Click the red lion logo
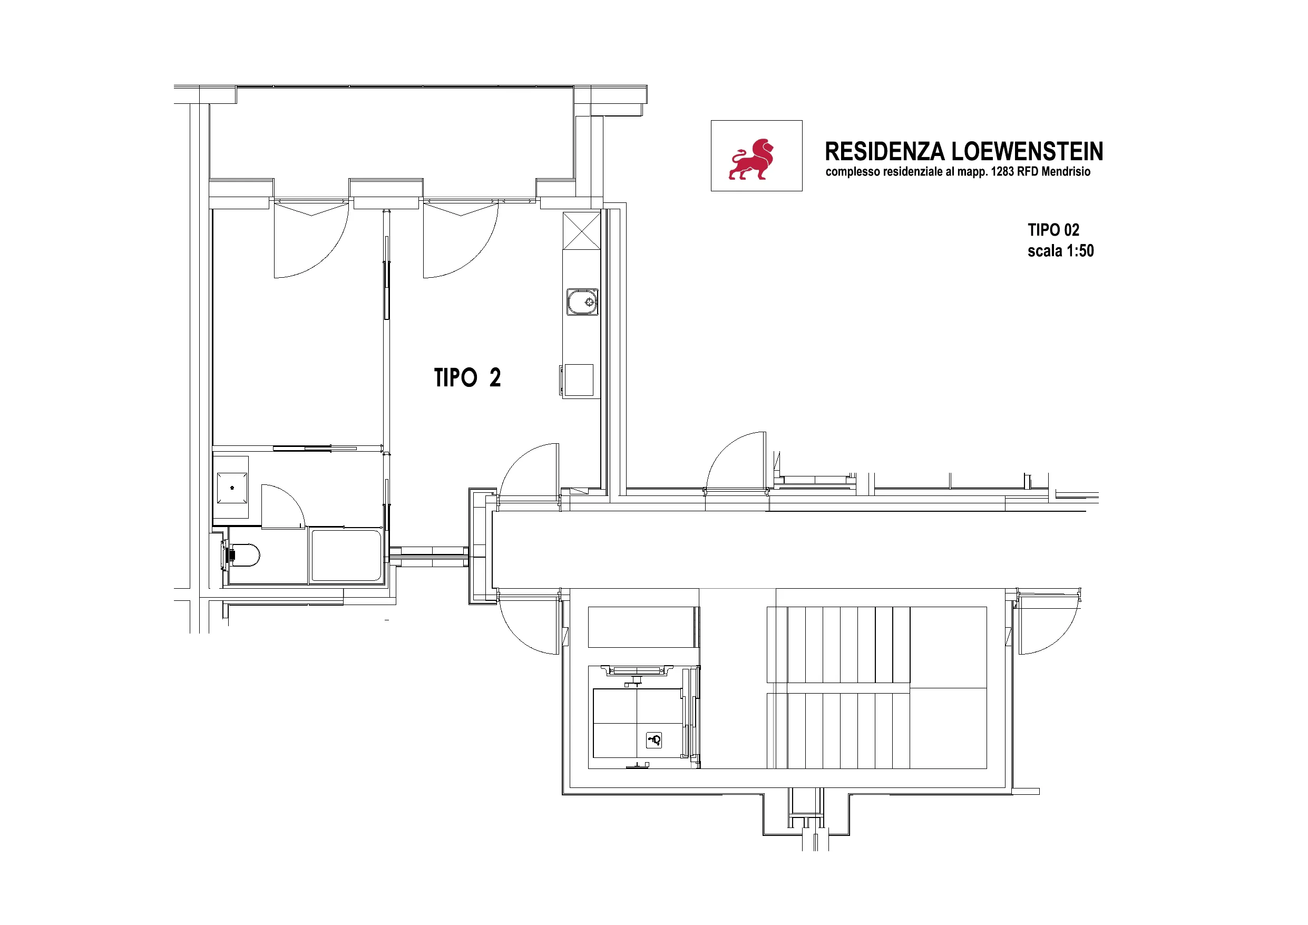click(751, 159)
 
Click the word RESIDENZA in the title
click(885, 152)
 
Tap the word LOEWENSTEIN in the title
click(1027, 152)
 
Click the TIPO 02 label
click(1053, 230)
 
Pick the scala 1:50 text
click(1061, 251)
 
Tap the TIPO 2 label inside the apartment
click(467, 377)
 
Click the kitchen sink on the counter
click(582, 301)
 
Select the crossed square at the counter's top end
click(582, 231)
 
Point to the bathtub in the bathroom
click(346, 556)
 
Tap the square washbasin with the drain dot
click(232, 488)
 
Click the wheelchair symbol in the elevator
click(654, 741)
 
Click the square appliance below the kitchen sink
click(579, 379)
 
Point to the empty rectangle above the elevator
click(641, 627)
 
